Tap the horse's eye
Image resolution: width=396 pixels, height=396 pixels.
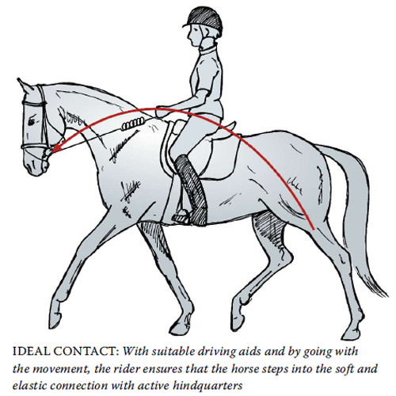[32, 122]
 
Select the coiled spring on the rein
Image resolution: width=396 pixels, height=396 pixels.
[133, 124]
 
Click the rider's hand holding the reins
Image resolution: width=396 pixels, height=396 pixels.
[162, 112]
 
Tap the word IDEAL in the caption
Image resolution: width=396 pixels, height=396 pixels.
[30, 352]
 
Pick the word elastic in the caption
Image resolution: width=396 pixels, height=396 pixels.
[29, 386]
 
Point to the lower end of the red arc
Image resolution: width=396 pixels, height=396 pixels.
[313, 228]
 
